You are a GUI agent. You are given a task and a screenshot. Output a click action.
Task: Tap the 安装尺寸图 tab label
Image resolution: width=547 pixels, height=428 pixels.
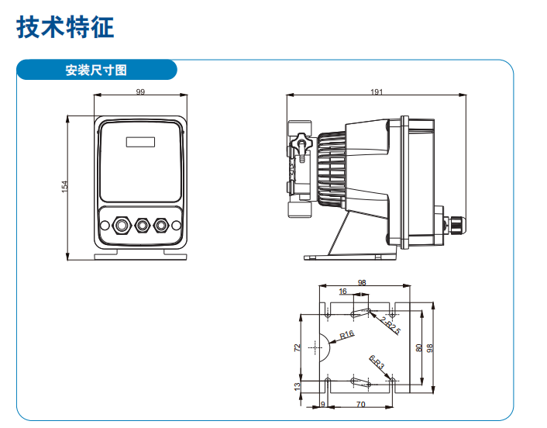[96, 71]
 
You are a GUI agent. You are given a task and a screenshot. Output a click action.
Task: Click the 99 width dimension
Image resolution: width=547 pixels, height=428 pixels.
[140, 91]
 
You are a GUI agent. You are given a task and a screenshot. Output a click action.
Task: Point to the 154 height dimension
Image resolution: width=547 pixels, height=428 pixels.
[65, 187]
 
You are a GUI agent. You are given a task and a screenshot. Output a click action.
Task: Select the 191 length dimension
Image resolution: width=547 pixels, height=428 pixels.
[377, 91]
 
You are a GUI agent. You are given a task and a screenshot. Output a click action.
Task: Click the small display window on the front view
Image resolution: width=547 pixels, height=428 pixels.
[140, 142]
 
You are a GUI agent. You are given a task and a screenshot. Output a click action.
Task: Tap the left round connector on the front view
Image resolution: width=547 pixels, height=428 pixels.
[121, 226]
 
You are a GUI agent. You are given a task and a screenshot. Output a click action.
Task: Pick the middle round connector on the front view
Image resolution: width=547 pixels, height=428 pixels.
[141, 226]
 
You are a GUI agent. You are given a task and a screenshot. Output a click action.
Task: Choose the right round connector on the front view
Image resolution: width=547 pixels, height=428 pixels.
[160, 226]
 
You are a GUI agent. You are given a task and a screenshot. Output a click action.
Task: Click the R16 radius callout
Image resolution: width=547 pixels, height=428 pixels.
[346, 334]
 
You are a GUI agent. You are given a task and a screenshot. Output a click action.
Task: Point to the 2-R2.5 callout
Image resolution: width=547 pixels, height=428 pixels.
[390, 325]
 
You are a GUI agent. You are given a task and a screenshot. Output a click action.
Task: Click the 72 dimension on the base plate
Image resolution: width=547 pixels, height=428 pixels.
[298, 347]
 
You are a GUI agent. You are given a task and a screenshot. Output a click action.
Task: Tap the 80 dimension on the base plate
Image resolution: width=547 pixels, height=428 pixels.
[418, 347]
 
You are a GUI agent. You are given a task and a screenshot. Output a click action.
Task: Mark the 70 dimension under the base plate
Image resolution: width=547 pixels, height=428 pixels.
[361, 404]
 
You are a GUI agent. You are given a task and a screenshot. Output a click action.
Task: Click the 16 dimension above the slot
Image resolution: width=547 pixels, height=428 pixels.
[342, 292]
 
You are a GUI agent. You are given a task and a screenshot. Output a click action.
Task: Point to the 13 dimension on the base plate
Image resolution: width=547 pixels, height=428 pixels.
[298, 385]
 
